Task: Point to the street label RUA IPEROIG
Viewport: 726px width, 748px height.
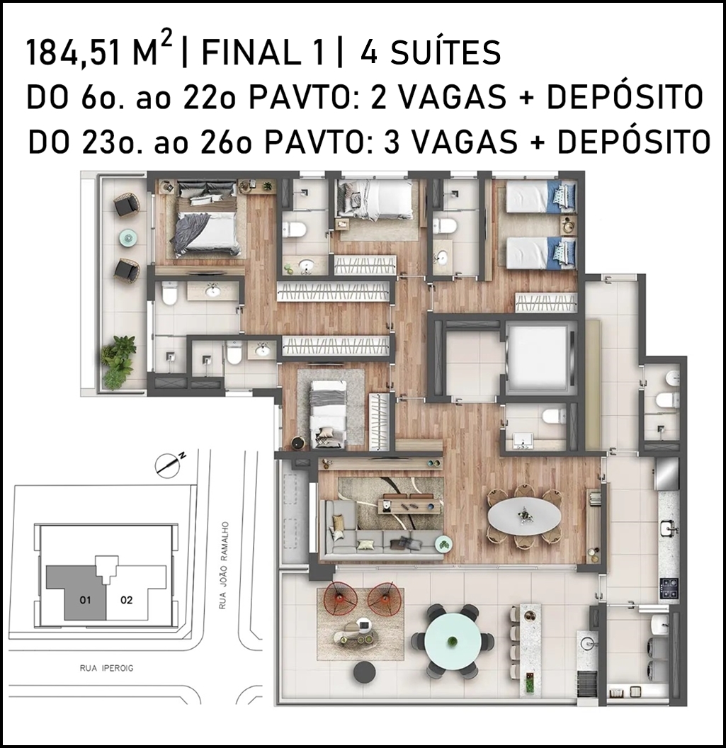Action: [106, 669]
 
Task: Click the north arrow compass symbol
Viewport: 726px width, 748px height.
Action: [170, 464]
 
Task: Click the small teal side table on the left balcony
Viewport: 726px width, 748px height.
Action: [127, 237]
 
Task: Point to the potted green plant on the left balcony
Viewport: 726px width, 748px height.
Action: [117, 361]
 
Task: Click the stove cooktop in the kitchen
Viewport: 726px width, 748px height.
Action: [668, 588]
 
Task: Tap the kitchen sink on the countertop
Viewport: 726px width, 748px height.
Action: [668, 528]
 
